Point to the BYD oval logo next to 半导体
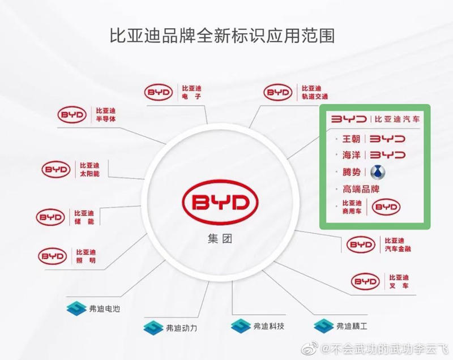tap(72, 115)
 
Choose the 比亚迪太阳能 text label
tap(90, 169)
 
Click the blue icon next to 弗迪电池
tap(75, 308)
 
